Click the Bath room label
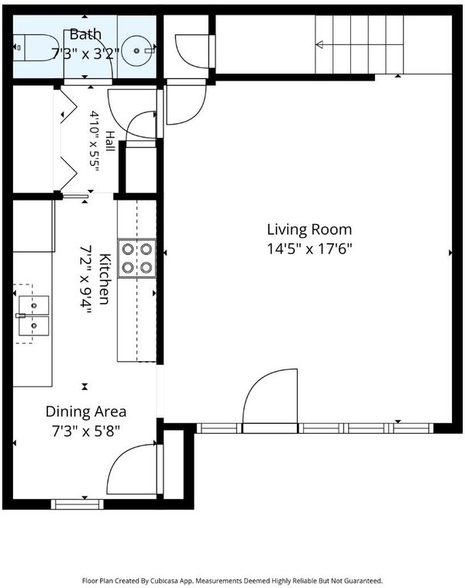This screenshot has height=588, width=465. pyautogui.click(x=85, y=34)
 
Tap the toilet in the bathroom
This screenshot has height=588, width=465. pyautogui.click(x=35, y=47)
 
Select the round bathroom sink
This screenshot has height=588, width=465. pyautogui.click(x=137, y=50)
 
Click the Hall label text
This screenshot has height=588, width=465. pyautogui.click(x=110, y=141)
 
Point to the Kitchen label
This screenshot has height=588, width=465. pyautogui.click(x=105, y=279)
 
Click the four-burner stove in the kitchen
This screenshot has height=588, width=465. pyautogui.click(x=137, y=258)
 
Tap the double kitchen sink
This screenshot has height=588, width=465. pyautogui.click(x=33, y=315)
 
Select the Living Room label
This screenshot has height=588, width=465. pyautogui.click(x=309, y=229)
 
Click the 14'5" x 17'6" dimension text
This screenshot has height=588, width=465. pyautogui.click(x=310, y=248)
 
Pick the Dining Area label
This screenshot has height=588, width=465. pyautogui.click(x=86, y=411)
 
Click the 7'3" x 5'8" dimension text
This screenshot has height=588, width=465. pyautogui.click(x=86, y=432)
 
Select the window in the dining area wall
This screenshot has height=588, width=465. pyautogui.click(x=77, y=504)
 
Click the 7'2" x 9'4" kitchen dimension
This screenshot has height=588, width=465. pyautogui.click(x=86, y=281)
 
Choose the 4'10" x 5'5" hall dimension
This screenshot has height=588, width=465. pyautogui.click(x=94, y=141)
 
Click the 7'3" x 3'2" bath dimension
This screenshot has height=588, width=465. pyautogui.click(x=85, y=54)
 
